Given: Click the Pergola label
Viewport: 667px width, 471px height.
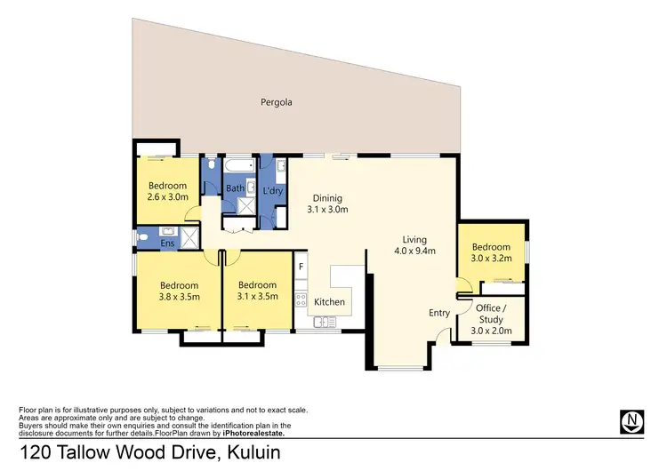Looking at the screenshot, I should (277, 102).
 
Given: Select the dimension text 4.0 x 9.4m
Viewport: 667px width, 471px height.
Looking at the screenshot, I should (414, 251).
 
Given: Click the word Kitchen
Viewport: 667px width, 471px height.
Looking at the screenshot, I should (329, 302).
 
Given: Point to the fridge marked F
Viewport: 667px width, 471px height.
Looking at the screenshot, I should (301, 266).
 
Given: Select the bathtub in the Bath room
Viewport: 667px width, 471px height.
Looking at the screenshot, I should (238, 166).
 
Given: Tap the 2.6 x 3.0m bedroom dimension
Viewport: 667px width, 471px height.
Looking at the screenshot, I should (168, 197).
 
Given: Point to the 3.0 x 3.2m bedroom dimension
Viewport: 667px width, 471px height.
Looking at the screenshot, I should (491, 259).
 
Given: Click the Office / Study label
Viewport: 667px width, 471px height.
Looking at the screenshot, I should (491, 314).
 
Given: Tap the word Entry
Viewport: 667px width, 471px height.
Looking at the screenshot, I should (439, 312).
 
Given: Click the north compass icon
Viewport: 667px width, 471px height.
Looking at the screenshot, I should (631, 420).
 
